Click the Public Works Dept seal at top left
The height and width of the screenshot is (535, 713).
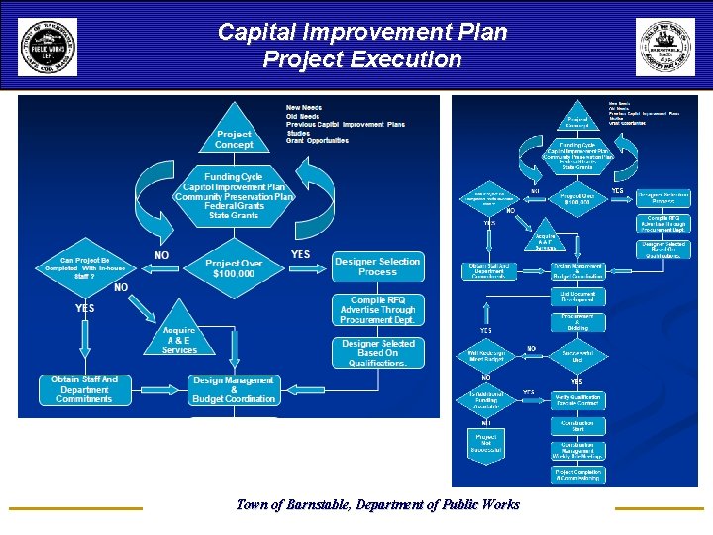tap(48, 47)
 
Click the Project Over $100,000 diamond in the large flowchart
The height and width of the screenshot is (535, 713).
tap(234, 267)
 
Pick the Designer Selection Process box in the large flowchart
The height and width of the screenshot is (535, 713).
tap(377, 267)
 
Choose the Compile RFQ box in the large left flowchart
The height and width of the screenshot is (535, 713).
tap(377, 310)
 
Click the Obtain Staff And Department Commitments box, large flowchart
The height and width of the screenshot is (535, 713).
tap(84, 389)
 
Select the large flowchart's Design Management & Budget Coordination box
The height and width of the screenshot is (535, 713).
tap(234, 389)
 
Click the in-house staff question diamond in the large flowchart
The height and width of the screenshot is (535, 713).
tap(84, 270)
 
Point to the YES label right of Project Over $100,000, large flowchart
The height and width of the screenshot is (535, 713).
tap(300, 254)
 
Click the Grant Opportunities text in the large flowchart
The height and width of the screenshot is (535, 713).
tap(317, 141)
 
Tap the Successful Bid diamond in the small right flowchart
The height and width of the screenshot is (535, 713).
tap(578, 354)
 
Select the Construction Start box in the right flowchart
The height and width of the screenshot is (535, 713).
tap(578, 425)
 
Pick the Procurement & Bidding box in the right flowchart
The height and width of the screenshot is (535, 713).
tap(578, 322)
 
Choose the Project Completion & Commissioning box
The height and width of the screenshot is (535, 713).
tap(578, 475)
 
